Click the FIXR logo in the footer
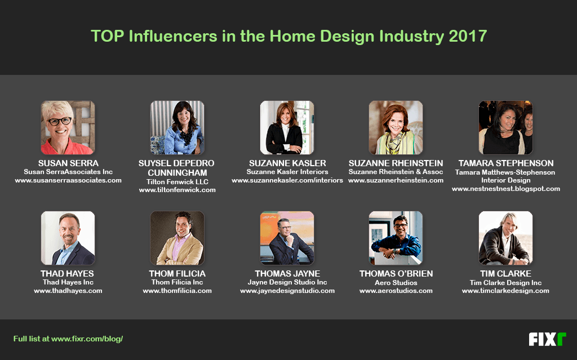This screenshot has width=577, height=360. click(x=547, y=339)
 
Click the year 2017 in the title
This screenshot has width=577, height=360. click(x=468, y=36)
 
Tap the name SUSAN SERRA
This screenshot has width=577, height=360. click(x=68, y=163)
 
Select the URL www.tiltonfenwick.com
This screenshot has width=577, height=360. click(x=177, y=190)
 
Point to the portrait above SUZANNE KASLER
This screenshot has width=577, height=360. click(x=287, y=127)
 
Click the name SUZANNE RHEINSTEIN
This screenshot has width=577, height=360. click(x=396, y=163)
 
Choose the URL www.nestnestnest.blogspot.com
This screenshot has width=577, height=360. click(x=506, y=189)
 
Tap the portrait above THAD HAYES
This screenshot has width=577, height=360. click(x=68, y=238)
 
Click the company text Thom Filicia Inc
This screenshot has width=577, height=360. click(x=177, y=282)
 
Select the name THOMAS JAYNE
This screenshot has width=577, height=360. click(x=287, y=273)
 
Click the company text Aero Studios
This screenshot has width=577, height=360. click(x=396, y=283)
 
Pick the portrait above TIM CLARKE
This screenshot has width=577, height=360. click(x=505, y=238)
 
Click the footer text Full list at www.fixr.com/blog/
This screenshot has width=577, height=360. click(x=68, y=339)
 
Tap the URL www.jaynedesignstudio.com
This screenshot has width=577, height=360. click(x=287, y=291)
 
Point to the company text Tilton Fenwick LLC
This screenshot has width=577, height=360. click(x=177, y=181)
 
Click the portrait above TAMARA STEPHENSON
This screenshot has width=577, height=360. click(x=505, y=127)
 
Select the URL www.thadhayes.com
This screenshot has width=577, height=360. click(x=68, y=291)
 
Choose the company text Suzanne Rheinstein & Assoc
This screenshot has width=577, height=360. click(x=396, y=171)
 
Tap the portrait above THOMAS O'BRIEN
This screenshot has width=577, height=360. click(x=396, y=238)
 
